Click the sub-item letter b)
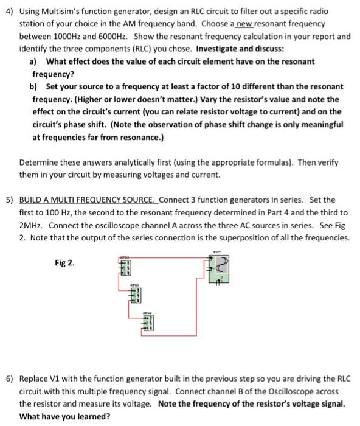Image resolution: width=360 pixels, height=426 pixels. pyautogui.click(x=33, y=86)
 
